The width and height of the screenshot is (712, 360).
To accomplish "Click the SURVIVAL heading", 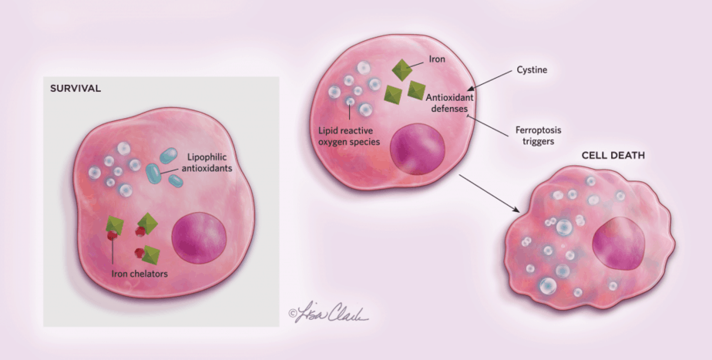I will pyautogui.click(x=76, y=89).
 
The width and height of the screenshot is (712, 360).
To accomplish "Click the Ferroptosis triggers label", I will pyautogui.click(x=529, y=136).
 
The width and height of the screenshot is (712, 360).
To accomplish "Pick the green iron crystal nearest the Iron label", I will pyautogui.click(x=401, y=70).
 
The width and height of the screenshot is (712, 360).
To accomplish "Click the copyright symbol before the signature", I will pyautogui.click(x=292, y=313).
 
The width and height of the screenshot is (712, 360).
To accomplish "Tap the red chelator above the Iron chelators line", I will pyautogui.click(x=113, y=235).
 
